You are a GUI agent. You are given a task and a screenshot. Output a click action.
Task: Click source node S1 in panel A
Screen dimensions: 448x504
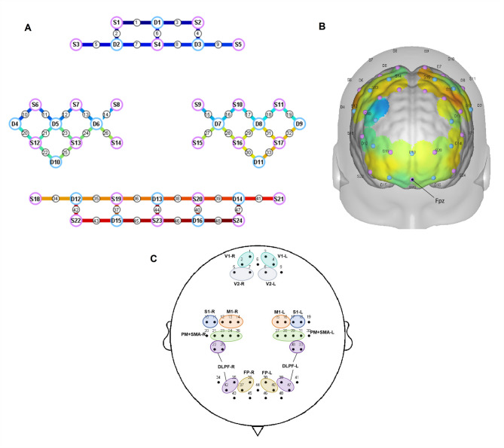tap(116, 23)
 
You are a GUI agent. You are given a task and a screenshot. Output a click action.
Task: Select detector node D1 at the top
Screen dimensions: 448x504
tap(157, 23)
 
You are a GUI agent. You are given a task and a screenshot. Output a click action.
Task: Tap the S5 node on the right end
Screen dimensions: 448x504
tap(238, 45)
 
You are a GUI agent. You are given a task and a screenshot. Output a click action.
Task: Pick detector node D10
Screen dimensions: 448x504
tap(55, 161)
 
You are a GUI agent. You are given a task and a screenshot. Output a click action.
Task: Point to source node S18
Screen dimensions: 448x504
tap(35, 199)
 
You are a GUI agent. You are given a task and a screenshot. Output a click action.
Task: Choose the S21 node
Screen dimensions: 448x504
tap(279, 199)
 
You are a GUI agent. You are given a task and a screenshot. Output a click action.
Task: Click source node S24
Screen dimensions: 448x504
tap(238, 220)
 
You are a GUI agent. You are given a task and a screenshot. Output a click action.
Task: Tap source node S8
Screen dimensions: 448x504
tap(116, 104)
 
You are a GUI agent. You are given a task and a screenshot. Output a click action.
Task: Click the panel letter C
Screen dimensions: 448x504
tap(154, 259)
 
